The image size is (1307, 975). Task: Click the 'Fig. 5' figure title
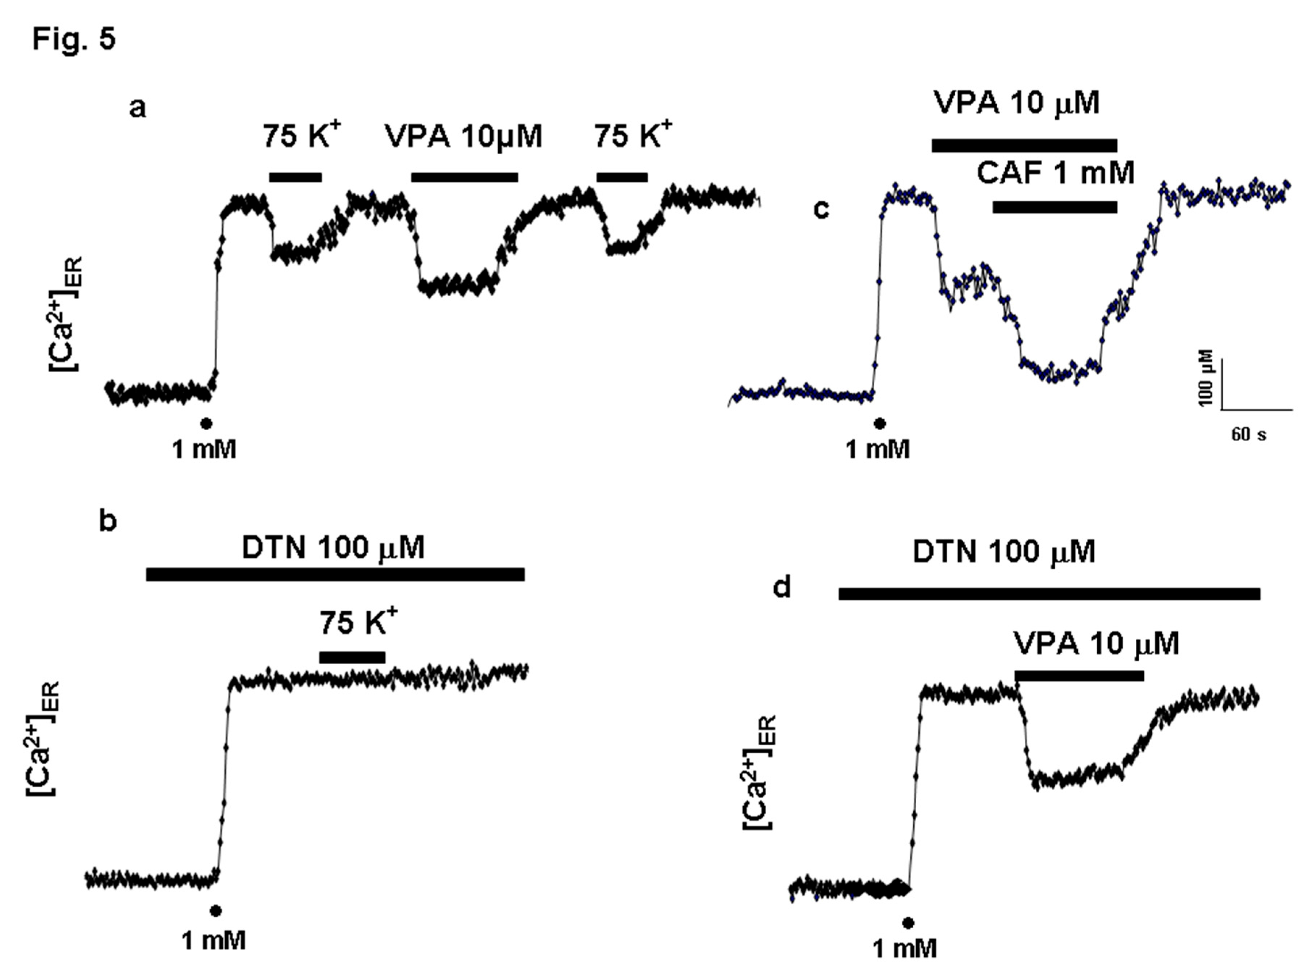point(74,39)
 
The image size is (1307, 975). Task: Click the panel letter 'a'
point(138,108)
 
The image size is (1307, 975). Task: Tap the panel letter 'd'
point(782,587)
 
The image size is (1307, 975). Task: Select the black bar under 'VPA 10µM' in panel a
point(464,177)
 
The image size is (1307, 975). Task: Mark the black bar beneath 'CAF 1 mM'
point(1055,206)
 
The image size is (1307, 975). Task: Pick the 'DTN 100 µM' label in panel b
point(333,548)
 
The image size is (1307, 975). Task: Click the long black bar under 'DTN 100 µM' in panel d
point(1049,594)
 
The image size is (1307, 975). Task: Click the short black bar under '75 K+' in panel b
point(352,657)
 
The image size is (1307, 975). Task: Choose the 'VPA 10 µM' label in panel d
point(1096,643)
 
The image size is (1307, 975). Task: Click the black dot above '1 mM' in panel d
point(909,922)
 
